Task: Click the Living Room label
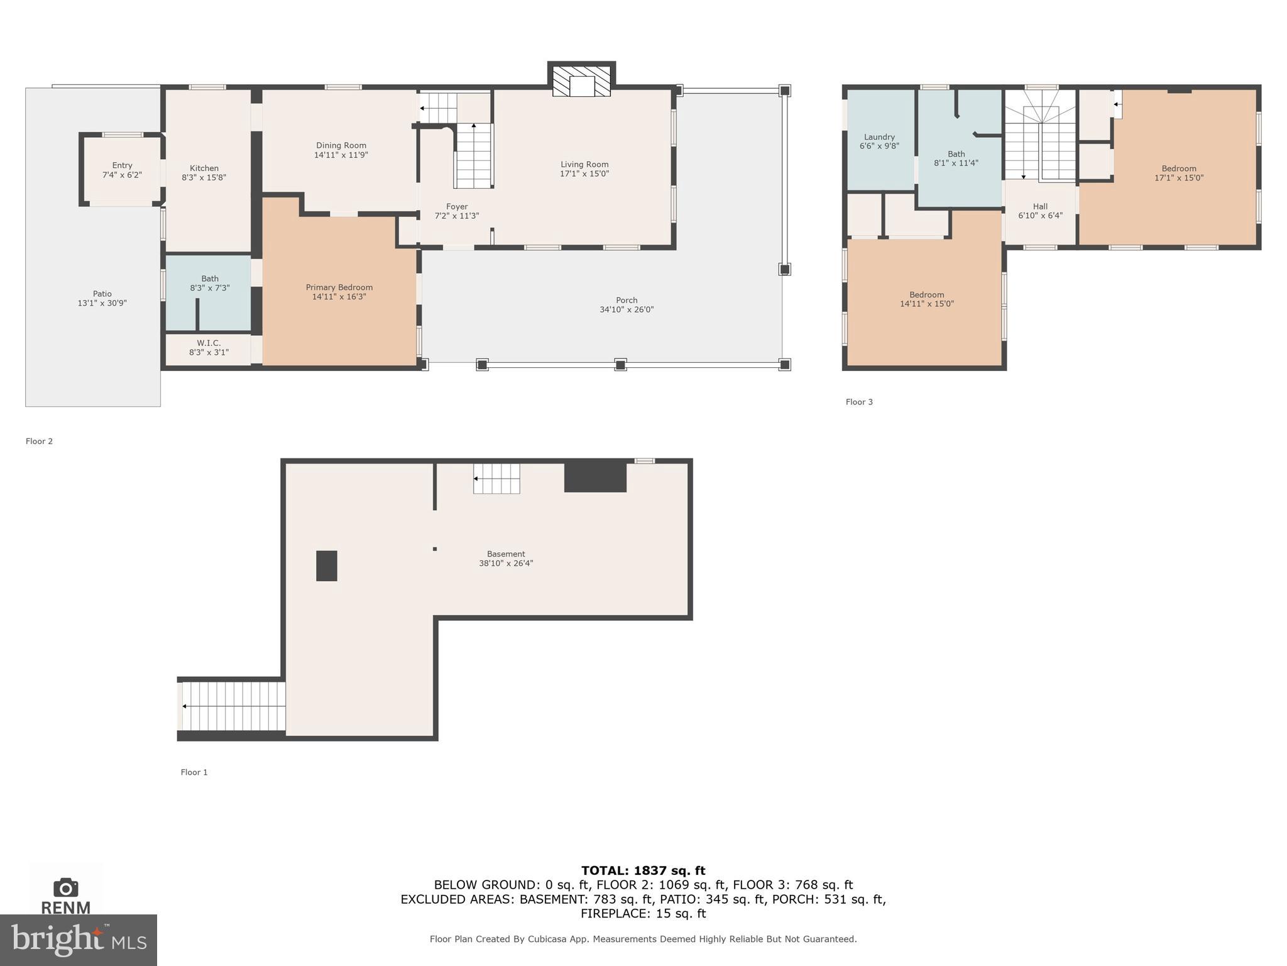point(584,165)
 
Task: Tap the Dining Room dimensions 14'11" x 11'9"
point(341,155)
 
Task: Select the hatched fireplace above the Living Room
point(581,81)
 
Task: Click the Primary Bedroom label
point(339,287)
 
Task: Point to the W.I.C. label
point(209,343)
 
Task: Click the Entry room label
point(122,165)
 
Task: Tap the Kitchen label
point(204,168)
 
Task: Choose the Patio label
point(102,294)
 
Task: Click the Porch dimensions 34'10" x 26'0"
point(626,309)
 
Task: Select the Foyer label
point(457,206)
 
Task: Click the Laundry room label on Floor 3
point(879,137)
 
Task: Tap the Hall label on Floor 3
point(1040,206)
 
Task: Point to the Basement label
point(506,554)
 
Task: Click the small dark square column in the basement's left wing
point(326,565)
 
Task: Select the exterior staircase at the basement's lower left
point(233,706)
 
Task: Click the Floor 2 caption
point(39,441)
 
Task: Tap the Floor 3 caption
point(859,402)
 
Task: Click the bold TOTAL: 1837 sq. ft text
point(643,870)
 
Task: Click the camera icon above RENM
point(65,887)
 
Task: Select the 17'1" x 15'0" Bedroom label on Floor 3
point(1178,169)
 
